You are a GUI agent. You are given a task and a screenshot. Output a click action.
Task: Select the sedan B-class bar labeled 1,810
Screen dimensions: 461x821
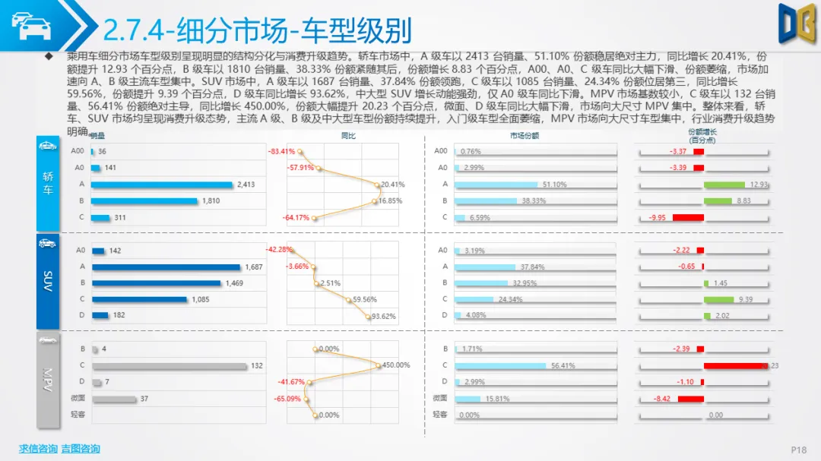pyautogui.click(x=144, y=201)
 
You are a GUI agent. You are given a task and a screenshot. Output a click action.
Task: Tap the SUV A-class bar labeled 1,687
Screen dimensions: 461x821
pyautogui.click(x=166, y=267)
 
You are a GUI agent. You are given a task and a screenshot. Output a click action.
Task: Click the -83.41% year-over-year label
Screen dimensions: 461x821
pyautogui.click(x=281, y=152)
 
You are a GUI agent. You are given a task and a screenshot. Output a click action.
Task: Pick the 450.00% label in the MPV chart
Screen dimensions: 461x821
pyautogui.click(x=395, y=366)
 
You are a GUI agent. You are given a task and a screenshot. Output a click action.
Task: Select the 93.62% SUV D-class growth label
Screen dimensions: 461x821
pyautogui.click(x=382, y=316)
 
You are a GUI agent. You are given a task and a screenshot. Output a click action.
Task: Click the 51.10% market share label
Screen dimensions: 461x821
pyautogui.click(x=554, y=185)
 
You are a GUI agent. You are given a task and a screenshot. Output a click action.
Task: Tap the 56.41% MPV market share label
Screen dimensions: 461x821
pyautogui.click(x=563, y=366)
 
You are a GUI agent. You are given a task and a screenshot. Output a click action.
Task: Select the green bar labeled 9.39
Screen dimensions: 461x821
pyautogui.click(x=718, y=299)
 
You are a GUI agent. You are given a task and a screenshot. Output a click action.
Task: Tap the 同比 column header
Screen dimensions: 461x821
pyautogui.click(x=348, y=136)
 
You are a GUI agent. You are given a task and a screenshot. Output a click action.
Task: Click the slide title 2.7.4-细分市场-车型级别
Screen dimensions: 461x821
pyautogui.click(x=256, y=30)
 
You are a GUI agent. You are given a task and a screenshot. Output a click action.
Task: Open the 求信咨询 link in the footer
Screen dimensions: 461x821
pyautogui.click(x=38, y=449)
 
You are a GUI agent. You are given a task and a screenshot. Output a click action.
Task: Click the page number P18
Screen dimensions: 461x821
pyautogui.click(x=798, y=450)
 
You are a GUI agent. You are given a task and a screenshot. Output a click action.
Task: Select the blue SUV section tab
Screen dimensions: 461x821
pyautogui.click(x=47, y=281)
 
